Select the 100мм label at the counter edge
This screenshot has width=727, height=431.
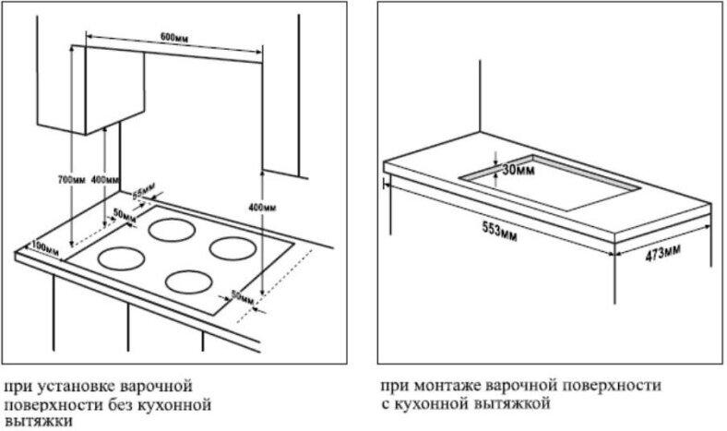tap(40, 245)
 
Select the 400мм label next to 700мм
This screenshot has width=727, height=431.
tap(106, 178)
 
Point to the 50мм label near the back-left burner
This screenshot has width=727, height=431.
tap(121, 214)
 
